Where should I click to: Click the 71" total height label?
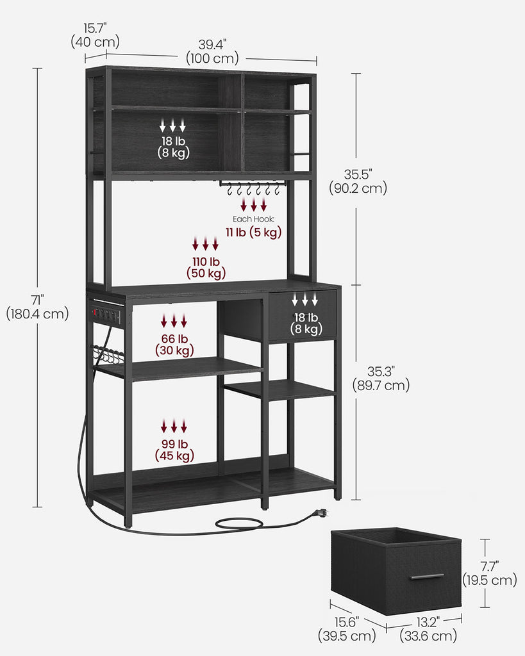(x=37, y=307)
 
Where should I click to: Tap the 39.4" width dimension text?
(x=212, y=51)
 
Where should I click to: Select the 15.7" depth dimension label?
(x=95, y=35)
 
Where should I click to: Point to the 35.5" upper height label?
(x=358, y=181)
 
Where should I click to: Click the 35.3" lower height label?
(x=381, y=378)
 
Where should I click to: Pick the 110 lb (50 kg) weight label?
(x=206, y=267)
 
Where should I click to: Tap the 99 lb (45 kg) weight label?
(x=174, y=450)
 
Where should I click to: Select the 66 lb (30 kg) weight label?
(x=174, y=344)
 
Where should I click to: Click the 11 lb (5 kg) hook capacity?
(x=254, y=232)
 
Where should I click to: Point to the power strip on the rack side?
(x=106, y=313)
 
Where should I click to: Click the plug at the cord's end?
(x=320, y=512)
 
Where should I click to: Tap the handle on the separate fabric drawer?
(x=427, y=577)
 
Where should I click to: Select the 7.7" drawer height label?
(x=489, y=573)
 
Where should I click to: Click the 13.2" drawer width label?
(x=428, y=629)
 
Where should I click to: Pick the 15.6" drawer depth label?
(x=347, y=629)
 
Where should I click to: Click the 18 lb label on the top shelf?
(x=173, y=147)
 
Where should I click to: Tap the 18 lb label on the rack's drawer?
(x=306, y=324)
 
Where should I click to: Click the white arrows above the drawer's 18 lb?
(x=305, y=299)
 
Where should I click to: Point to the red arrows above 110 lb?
(x=206, y=243)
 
